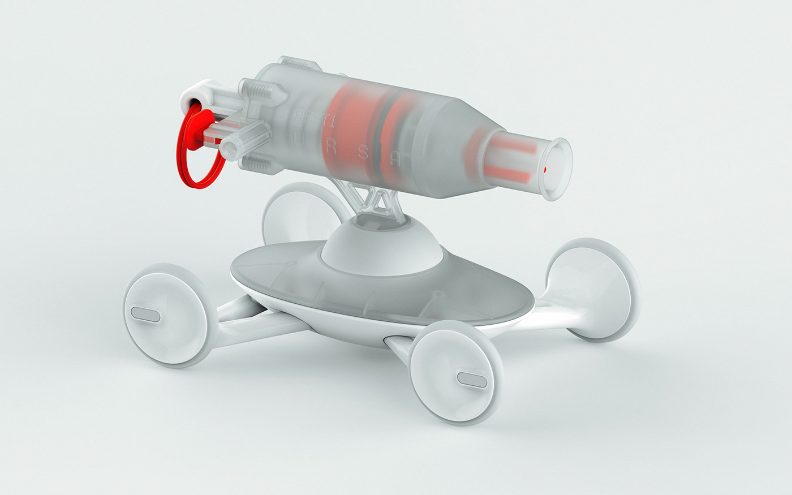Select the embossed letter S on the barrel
pos(364,153)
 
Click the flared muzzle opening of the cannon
pos(557,169)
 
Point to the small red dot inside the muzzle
pos(545,169)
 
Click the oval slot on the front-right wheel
pos(471,379)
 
